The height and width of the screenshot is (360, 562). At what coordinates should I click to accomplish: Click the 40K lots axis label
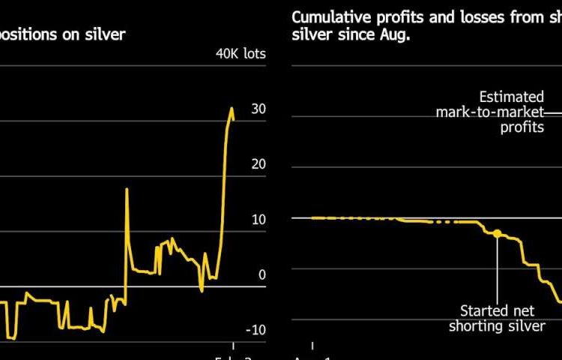tap(241, 54)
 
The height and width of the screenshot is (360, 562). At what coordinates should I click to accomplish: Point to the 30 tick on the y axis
tap(259, 109)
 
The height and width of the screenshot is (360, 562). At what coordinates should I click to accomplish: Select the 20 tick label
tap(259, 164)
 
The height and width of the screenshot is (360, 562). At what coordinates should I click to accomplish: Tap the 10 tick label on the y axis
tap(259, 220)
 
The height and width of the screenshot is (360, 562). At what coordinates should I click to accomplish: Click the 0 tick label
tap(262, 274)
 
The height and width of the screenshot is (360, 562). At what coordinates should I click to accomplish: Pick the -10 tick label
tap(256, 330)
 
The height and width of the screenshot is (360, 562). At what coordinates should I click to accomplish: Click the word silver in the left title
tap(106, 34)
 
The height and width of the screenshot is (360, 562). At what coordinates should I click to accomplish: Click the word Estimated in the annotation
tap(512, 97)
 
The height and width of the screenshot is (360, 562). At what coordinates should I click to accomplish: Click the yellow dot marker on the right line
tap(496, 233)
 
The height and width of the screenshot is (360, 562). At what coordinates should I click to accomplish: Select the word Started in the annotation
tap(485, 310)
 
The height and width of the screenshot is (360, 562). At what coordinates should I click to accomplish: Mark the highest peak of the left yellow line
tap(232, 108)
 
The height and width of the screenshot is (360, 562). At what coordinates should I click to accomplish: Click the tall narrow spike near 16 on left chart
tap(126, 189)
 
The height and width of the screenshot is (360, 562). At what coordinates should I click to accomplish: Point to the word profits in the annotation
tap(522, 127)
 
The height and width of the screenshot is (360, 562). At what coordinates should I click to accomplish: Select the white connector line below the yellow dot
tap(496, 270)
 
